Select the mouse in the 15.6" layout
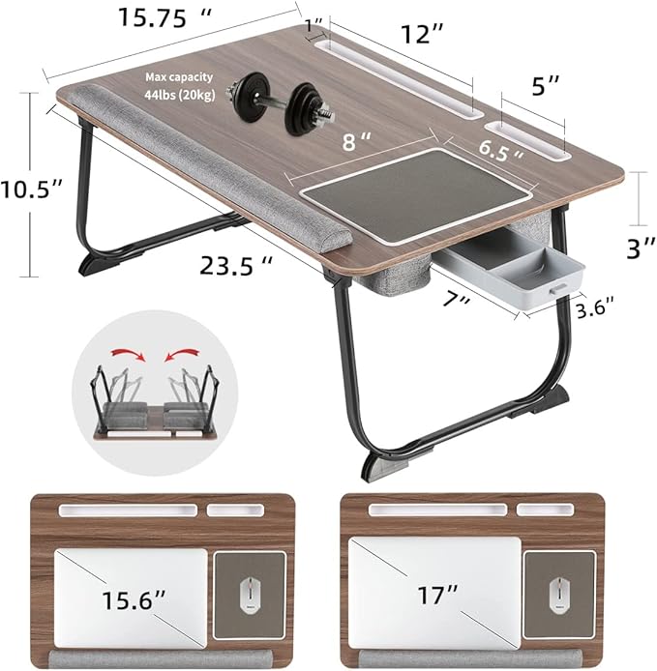pyautogui.click(x=250, y=593)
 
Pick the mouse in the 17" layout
pyautogui.click(x=559, y=594)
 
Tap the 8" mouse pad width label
pyautogui.click(x=359, y=143)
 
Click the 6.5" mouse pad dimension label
pyautogui.click(x=504, y=148)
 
